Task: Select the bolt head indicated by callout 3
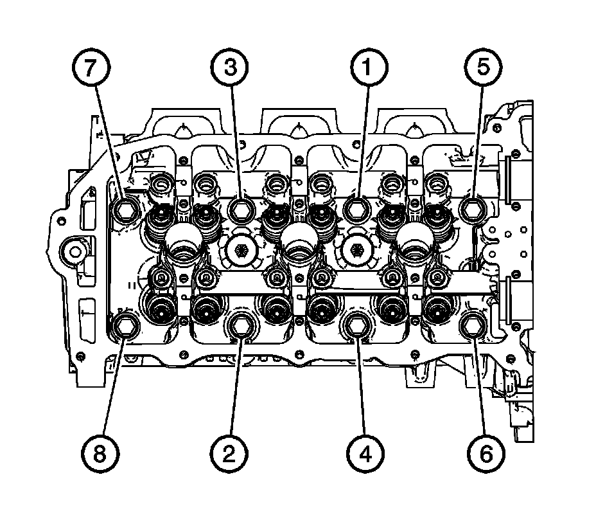tap(241, 208)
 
